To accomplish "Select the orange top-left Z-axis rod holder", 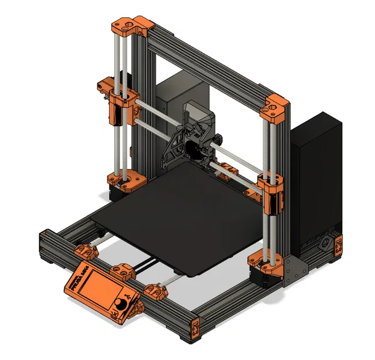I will click(x=132, y=25).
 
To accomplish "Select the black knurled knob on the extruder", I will click(x=221, y=139).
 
